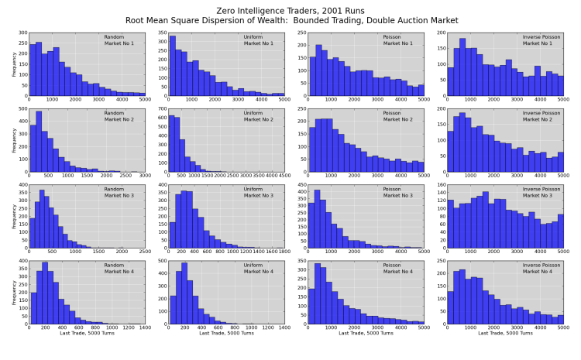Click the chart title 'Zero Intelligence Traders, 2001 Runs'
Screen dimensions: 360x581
point(290,11)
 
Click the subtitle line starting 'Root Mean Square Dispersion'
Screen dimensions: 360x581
point(290,21)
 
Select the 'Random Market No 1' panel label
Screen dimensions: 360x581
point(119,39)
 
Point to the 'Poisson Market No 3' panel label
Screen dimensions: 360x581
point(397,191)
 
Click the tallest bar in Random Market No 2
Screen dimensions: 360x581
point(39,142)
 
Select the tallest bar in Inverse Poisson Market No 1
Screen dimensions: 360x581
point(462,67)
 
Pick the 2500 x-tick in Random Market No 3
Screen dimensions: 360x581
point(144,252)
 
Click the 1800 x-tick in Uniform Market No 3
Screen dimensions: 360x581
point(284,252)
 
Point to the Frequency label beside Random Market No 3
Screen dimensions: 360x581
point(14,216)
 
